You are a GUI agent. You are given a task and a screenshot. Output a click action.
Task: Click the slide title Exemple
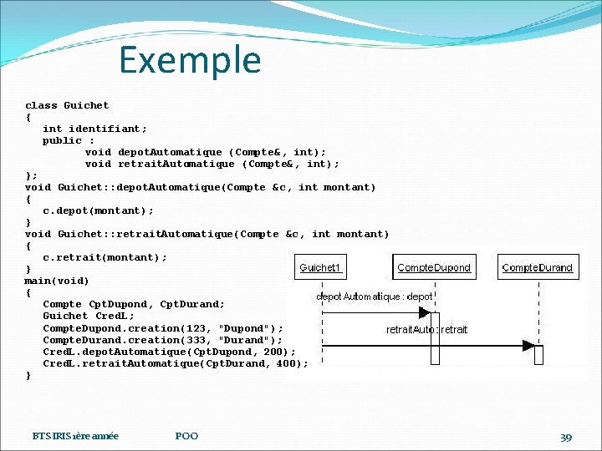pos(190,60)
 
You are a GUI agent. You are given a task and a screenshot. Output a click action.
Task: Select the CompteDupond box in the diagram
pos(434,267)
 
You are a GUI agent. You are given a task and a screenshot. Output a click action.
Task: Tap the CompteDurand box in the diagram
pos(538,267)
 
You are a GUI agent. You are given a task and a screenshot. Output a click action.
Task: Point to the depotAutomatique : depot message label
pos(374,296)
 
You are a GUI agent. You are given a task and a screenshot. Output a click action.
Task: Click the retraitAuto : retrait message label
pos(426,329)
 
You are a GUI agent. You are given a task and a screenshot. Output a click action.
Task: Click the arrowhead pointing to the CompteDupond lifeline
pos(424,313)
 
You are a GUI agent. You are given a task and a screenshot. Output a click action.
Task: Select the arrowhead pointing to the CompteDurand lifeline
pos(528,344)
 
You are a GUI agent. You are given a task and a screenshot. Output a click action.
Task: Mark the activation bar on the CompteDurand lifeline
pos(538,354)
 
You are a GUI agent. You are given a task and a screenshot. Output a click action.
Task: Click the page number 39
pos(566,437)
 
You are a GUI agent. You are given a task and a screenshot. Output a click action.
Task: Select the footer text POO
pos(186,436)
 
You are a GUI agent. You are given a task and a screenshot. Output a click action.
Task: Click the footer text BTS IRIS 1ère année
pos(75,436)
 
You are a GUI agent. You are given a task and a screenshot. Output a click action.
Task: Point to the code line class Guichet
pos(67,105)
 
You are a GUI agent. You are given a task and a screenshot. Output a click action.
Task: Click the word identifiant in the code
pos(107,129)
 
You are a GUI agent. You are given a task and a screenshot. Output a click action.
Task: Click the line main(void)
pos(57,281)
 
